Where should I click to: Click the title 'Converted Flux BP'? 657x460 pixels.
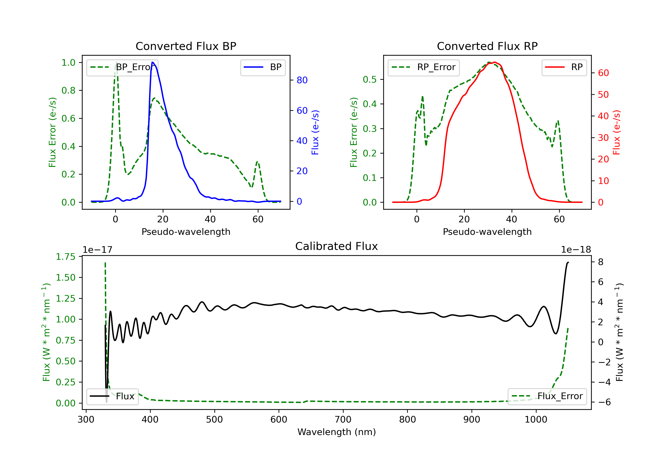(x=186, y=46)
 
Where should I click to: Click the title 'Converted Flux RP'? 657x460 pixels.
(x=487, y=46)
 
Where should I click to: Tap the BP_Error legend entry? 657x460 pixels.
(x=122, y=67)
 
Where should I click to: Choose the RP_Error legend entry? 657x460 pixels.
(x=424, y=67)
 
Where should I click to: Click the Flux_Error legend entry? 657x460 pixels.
(x=547, y=396)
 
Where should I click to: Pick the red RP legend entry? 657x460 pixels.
(x=564, y=67)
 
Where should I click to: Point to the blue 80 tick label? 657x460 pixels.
(x=302, y=80)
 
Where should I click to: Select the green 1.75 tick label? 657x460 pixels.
(x=65, y=257)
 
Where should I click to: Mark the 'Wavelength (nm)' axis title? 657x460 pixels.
(x=337, y=432)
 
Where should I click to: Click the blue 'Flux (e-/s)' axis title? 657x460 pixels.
(x=315, y=132)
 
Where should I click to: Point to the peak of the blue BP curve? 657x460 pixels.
(x=152, y=62)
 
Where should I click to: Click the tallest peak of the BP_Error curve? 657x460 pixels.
(x=116, y=62)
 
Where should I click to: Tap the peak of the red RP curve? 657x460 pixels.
(x=495, y=62)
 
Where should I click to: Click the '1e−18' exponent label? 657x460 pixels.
(x=576, y=250)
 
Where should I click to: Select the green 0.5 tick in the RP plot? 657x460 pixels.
(x=370, y=80)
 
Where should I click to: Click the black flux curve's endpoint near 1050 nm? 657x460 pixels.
(x=568, y=262)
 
